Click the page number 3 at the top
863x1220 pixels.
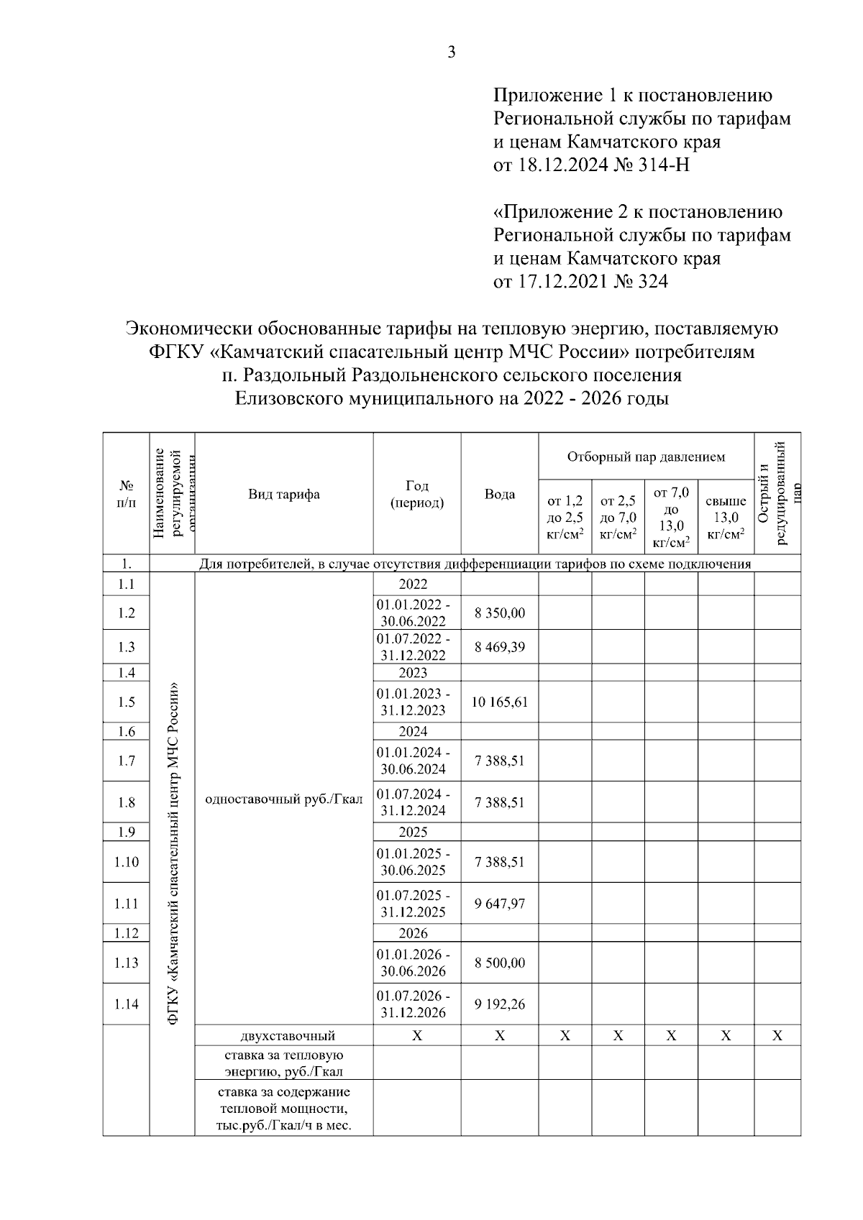pyautogui.click(x=452, y=52)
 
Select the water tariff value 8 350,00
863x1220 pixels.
pyautogui.click(x=500, y=613)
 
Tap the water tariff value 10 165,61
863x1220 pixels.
pyautogui.click(x=500, y=702)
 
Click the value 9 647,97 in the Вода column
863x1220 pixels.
pyautogui.click(x=500, y=904)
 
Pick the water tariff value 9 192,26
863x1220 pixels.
pyautogui.click(x=500, y=1004)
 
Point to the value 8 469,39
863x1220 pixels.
pyautogui.click(x=500, y=647)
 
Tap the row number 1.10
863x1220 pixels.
pyautogui.click(x=127, y=862)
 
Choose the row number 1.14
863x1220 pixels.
pyautogui.click(x=127, y=1004)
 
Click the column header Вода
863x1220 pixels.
pyautogui.click(x=500, y=494)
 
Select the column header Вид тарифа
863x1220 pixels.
pyautogui.click(x=284, y=494)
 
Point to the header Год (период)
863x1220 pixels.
pyautogui.click(x=417, y=494)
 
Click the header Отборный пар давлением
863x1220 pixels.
pyautogui.click(x=646, y=457)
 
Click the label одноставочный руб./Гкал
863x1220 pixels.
pyautogui.click(x=284, y=799)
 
